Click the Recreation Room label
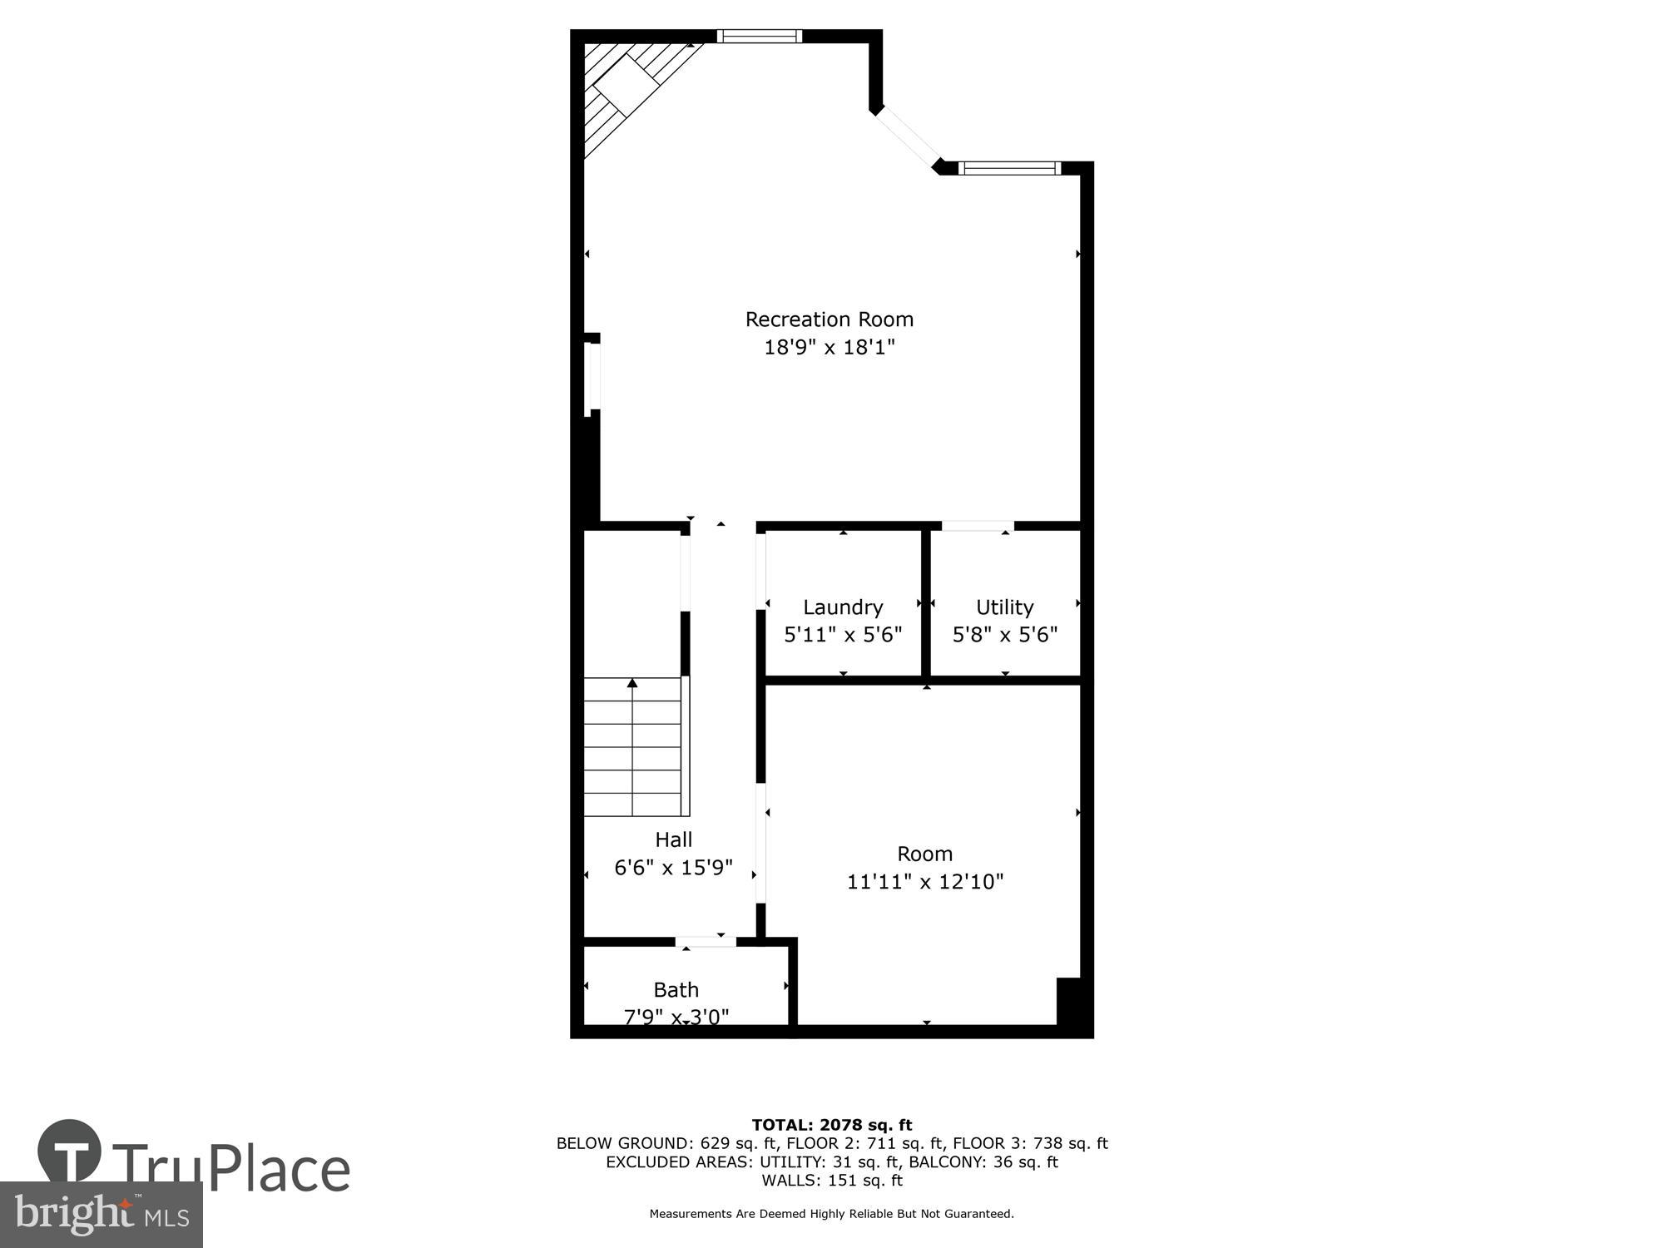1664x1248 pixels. point(829,319)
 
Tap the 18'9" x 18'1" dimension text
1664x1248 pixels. point(829,347)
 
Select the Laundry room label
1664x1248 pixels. point(842,607)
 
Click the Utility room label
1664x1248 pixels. point(1004,607)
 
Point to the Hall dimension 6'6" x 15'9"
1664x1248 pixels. point(673,868)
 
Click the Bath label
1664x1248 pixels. point(676,990)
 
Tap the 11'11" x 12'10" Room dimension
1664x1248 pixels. point(925,882)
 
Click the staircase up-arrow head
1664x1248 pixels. point(632,683)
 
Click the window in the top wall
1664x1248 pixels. point(759,36)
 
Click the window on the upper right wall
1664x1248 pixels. point(1009,169)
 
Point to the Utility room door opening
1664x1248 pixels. point(978,526)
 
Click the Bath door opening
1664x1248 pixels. point(706,942)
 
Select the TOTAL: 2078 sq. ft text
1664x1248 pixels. point(832,1126)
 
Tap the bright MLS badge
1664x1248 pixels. point(102,1215)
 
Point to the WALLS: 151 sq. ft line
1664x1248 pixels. point(832,1181)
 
